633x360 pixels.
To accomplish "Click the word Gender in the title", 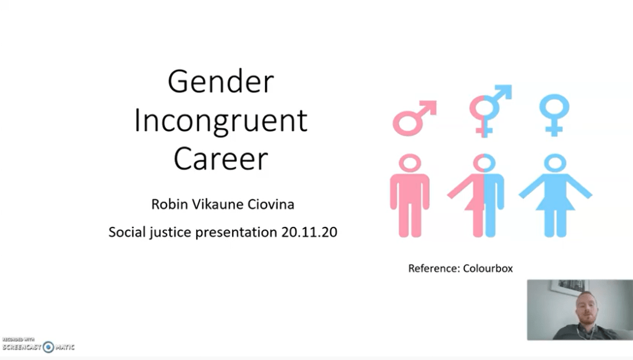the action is pos(221,82).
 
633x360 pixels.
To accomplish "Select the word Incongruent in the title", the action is pos(221,120).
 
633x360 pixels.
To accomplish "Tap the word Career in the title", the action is pos(221,158).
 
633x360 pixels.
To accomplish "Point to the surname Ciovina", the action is pos(270,204).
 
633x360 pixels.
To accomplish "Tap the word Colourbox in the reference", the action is pos(488,268).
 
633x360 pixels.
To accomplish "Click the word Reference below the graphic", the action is pos(434,268).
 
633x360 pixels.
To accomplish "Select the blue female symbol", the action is pos(554,115).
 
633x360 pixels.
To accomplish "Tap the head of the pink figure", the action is pos(410,163).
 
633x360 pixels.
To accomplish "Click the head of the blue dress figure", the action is pos(554,163).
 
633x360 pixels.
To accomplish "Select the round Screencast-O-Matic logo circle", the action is pos(48,346).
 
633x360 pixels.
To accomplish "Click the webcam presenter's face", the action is pos(585,309).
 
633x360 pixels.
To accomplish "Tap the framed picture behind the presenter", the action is pos(567,288).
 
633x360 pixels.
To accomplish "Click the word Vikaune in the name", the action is pos(218,204).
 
